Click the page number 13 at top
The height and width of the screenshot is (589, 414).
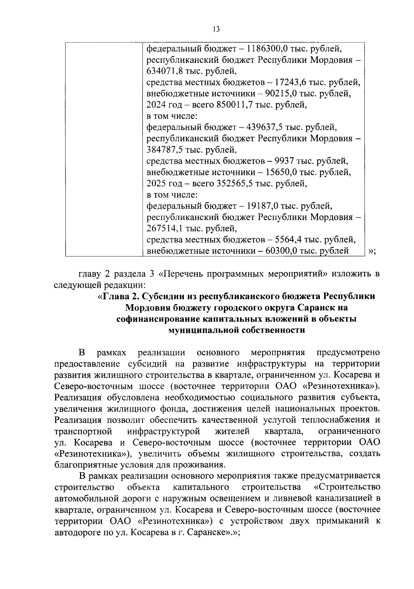click(216, 29)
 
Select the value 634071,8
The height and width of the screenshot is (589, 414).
click(165, 71)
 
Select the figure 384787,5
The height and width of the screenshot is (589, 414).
click(165, 150)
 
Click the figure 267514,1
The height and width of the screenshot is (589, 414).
click(165, 228)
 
